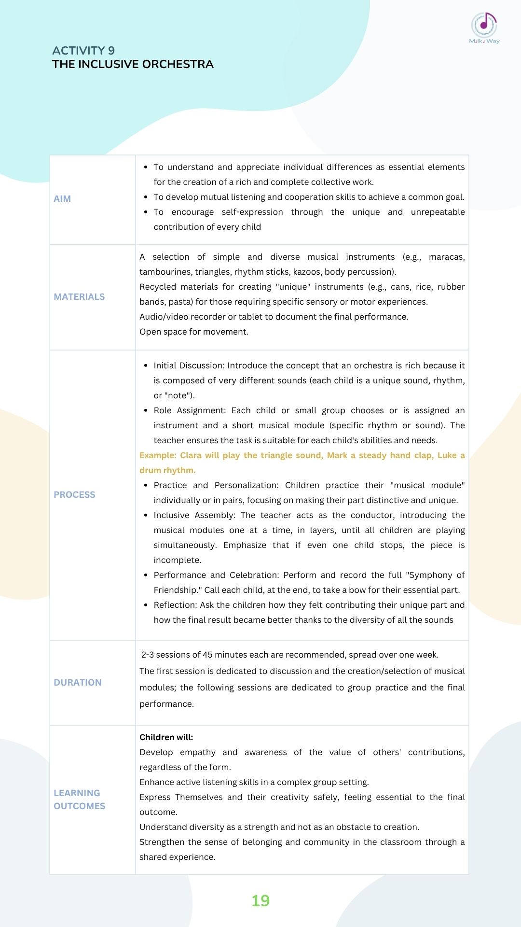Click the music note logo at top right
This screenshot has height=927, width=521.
(x=484, y=25)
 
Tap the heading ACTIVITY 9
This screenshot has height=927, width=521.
(x=83, y=51)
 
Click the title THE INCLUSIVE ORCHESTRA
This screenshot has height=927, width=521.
(x=133, y=64)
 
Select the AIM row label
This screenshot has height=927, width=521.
(x=62, y=199)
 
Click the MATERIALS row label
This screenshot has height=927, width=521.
(x=79, y=297)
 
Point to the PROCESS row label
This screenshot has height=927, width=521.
(x=74, y=495)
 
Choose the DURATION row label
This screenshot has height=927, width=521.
(x=78, y=683)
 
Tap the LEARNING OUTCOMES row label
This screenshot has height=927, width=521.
(x=79, y=800)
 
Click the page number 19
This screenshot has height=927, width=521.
(x=260, y=901)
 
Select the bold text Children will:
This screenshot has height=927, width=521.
(x=166, y=737)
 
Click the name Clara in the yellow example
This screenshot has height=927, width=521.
(x=191, y=455)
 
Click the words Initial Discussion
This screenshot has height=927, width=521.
(x=188, y=365)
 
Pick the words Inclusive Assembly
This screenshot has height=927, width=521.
(x=194, y=515)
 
